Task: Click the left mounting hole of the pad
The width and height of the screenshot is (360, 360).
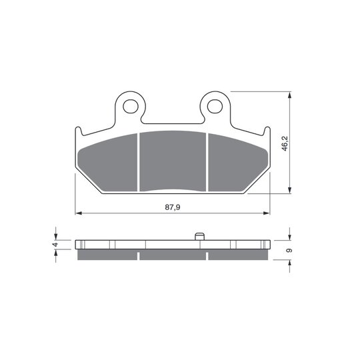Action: (131, 106)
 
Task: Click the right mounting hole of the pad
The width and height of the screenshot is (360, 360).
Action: (215, 106)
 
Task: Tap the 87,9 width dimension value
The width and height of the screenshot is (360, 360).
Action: (173, 207)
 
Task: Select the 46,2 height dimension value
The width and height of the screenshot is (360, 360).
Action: (285, 143)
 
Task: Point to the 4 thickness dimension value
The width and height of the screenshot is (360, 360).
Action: (55, 245)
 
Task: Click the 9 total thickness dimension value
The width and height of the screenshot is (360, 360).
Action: (289, 250)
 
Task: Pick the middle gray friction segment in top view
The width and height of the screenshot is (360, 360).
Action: (173, 161)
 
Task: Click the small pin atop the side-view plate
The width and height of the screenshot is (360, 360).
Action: (199, 237)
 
